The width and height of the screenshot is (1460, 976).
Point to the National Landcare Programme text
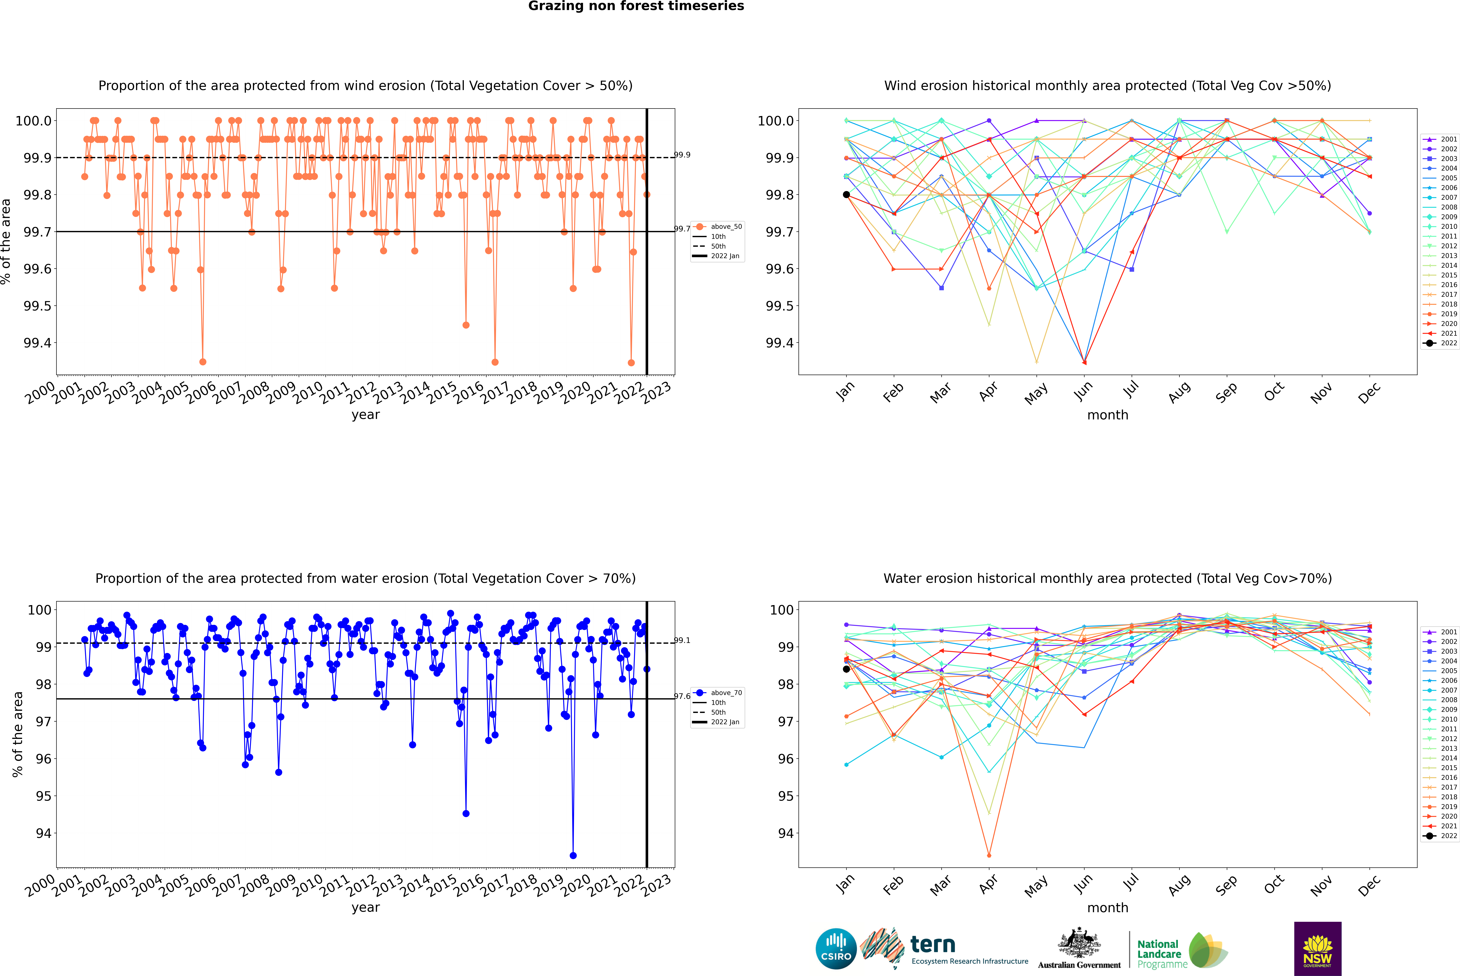point(1162,954)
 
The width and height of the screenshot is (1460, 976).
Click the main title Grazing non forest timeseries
point(636,6)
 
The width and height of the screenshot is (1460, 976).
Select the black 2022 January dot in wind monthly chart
point(846,195)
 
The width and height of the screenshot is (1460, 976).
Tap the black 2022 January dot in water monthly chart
point(846,669)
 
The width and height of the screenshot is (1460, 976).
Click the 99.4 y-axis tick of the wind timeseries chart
point(37,343)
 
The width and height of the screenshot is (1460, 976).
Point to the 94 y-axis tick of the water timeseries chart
point(44,833)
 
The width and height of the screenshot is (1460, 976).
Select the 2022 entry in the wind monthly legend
point(1441,343)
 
